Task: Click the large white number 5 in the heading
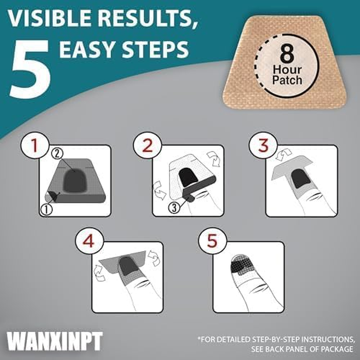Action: [30, 69]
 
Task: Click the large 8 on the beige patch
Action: [287, 54]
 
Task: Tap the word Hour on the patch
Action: [287, 70]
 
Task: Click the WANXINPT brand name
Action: [54, 341]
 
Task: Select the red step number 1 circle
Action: [35, 145]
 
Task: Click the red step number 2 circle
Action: [148, 145]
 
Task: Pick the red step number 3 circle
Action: [263, 145]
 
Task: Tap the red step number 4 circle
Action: [89, 242]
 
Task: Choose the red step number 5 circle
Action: [212, 242]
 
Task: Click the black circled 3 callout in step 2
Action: [174, 207]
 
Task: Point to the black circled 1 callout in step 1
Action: [46, 209]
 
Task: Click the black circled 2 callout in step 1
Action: [58, 153]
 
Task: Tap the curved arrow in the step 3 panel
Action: [283, 154]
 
